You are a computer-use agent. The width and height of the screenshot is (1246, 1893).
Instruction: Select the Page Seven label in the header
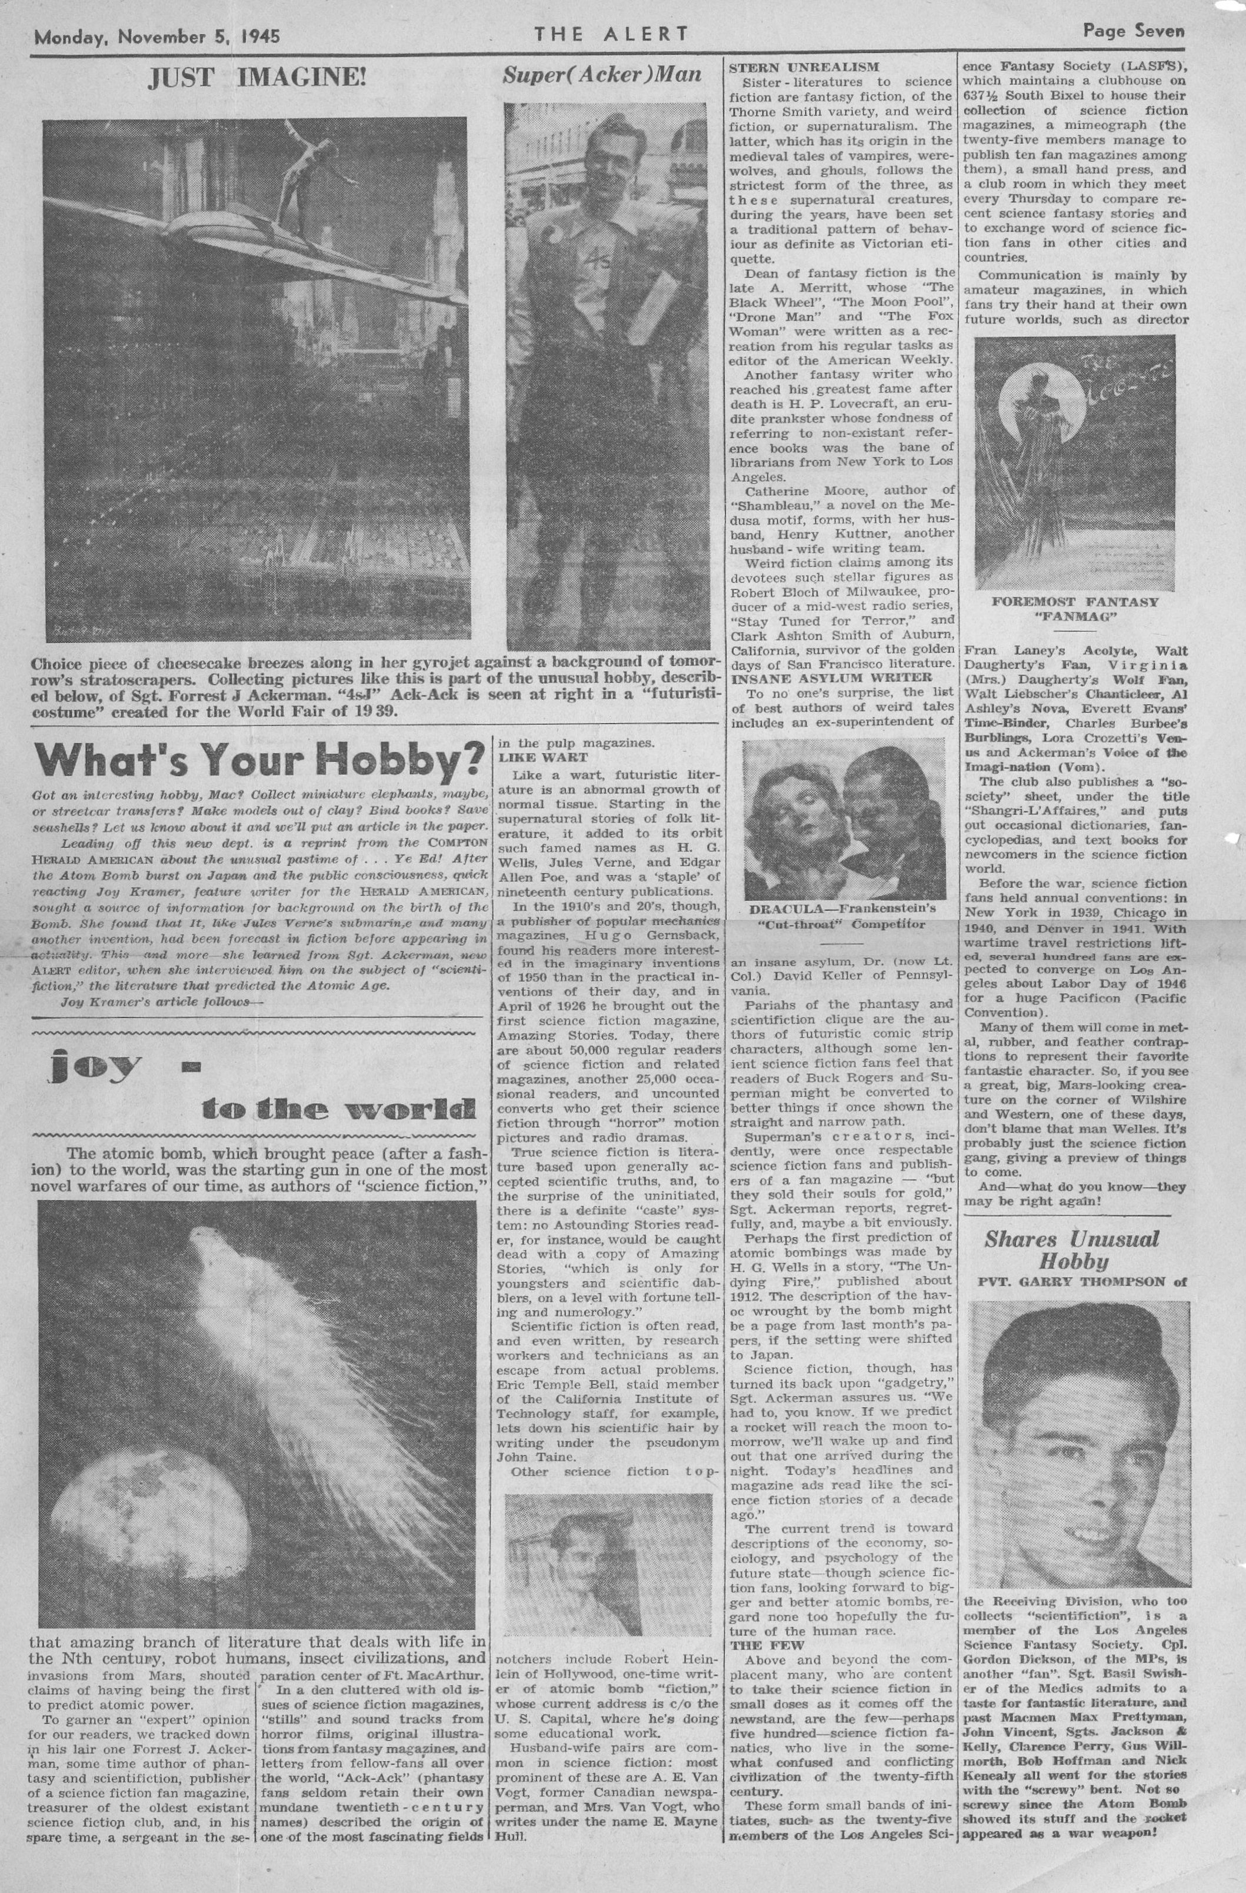tap(1133, 31)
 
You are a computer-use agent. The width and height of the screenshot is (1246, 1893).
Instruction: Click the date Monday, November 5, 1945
tap(156, 36)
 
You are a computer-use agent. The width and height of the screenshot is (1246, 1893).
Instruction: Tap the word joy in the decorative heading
tap(95, 1066)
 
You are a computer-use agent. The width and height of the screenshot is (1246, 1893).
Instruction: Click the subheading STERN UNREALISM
tap(804, 67)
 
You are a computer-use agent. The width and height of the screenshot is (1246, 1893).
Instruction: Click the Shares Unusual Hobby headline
tap(1071, 1250)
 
